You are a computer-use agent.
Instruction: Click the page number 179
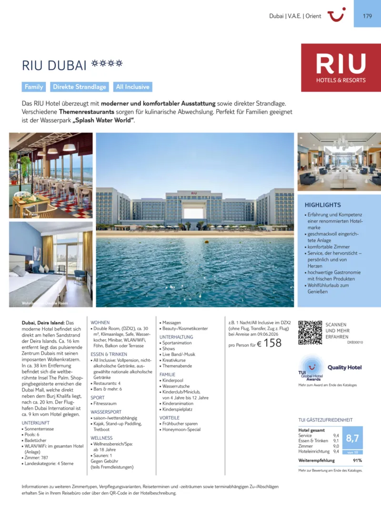click(x=367, y=16)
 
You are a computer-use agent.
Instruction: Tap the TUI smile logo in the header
click(x=336, y=15)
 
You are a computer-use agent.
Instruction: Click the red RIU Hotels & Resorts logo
click(x=341, y=68)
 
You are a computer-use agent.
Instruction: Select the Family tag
click(x=34, y=87)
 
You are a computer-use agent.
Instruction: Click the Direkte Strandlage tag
click(x=80, y=87)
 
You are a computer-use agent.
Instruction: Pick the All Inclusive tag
click(x=133, y=87)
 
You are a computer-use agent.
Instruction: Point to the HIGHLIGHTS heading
click(x=322, y=205)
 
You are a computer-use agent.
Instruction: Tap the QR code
click(x=310, y=332)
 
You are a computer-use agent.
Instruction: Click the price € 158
click(x=269, y=343)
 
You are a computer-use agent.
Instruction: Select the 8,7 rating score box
click(x=352, y=438)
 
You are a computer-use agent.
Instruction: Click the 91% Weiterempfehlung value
click(x=357, y=460)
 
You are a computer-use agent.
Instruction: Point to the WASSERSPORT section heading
click(x=106, y=412)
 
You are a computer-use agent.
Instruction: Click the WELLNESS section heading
click(x=101, y=437)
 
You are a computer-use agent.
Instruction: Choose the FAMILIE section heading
click(x=167, y=374)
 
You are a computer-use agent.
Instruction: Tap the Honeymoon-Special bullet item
click(x=181, y=429)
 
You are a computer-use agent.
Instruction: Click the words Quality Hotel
click(x=344, y=367)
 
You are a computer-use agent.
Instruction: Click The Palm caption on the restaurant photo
click(x=30, y=214)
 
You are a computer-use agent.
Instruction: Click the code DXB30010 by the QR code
click(x=355, y=343)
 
